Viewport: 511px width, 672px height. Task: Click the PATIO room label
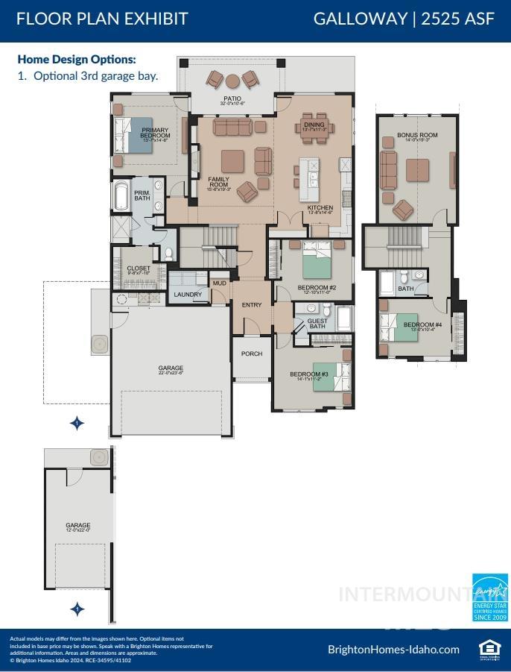(231, 99)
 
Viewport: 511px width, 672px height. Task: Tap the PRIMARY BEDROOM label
(156, 134)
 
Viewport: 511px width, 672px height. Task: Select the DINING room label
(314, 125)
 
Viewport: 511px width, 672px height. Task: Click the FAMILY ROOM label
(218, 182)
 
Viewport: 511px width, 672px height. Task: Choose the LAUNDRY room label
(188, 295)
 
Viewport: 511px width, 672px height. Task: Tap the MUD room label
(219, 283)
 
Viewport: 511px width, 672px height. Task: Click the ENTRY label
(252, 304)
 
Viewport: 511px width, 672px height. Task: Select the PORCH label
(252, 354)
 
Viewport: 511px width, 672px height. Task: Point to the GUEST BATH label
(317, 324)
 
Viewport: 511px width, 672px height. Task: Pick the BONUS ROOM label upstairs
(417, 136)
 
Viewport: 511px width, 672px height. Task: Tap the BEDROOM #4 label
(422, 326)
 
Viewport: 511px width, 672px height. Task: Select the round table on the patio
(232, 81)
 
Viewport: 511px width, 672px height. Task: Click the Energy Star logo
(490, 597)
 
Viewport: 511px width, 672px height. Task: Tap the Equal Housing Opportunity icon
(488, 649)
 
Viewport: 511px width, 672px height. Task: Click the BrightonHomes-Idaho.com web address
(393, 649)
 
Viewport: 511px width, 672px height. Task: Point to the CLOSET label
(139, 269)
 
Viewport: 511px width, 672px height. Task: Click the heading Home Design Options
(77, 59)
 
